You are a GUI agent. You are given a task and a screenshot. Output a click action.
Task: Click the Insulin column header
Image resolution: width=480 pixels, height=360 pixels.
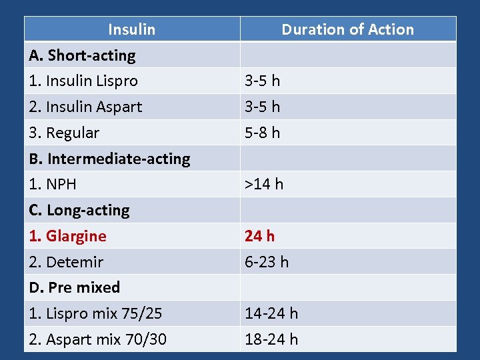pos(131,29)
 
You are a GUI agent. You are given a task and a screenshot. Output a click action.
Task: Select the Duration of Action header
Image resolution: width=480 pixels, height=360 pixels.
pos(347,29)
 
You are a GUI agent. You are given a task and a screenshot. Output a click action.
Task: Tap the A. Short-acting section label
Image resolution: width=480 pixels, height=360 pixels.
pos(82,55)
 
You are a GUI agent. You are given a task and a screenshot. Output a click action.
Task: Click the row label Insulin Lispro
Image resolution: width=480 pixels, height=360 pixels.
pos(83,81)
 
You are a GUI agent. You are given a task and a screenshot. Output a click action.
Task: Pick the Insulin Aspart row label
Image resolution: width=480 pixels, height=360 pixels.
pos(85,107)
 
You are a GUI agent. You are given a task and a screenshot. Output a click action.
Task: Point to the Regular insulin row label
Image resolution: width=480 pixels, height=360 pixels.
pos(64,133)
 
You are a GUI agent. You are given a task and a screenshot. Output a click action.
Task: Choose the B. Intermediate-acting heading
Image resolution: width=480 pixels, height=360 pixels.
pos(109,159)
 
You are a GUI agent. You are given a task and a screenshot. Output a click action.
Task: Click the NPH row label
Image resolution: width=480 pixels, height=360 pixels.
pos(53,184)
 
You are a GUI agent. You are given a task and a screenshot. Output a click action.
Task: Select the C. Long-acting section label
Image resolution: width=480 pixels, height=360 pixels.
pos(79,210)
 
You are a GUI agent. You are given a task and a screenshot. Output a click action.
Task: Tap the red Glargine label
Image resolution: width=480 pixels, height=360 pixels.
pos(67,236)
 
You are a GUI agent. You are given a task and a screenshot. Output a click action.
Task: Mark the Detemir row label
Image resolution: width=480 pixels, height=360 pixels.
pos(66,262)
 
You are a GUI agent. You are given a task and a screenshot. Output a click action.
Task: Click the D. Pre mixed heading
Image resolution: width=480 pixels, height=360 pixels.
pos(75,287)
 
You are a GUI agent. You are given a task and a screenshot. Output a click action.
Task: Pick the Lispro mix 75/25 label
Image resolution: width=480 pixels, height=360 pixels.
pos(95,313)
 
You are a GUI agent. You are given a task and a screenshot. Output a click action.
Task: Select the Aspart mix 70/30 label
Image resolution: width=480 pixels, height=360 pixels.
pos(97,339)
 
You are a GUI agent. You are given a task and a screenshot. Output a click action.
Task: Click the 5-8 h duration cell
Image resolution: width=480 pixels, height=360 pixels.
pos(262,133)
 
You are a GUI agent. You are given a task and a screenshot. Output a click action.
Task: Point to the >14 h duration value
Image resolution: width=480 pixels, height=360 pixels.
pos(264,184)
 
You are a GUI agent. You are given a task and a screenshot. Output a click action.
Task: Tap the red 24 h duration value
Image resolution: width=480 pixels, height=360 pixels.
pos(259,236)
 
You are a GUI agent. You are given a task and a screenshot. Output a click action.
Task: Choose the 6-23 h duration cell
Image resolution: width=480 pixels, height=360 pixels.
pos(267,262)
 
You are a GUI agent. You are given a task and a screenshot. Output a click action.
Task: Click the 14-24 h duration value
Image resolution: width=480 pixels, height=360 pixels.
pos(271,313)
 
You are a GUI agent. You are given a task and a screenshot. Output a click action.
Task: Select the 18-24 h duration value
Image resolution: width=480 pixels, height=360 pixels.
pos(271,339)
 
